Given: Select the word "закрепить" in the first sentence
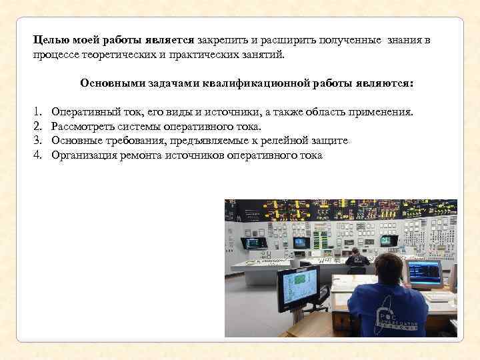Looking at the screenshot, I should click(220, 40).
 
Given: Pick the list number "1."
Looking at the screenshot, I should click(38, 111).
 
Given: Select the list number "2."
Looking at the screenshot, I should click(38, 126).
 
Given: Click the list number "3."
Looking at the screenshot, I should click(38, 141).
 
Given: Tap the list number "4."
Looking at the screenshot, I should click(38, 155).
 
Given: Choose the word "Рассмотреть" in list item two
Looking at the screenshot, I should click(82, 126).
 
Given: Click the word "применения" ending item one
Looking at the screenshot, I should click(383, 111).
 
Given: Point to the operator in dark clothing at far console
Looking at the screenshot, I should click(357, 257).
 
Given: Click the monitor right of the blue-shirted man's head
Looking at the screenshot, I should click(424, 273).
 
